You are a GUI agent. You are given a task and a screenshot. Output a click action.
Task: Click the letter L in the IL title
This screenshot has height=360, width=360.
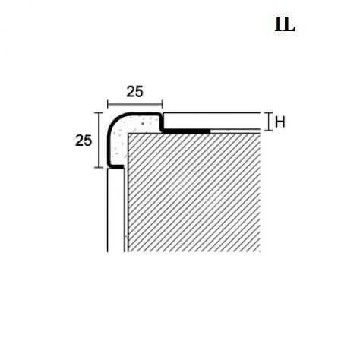289,24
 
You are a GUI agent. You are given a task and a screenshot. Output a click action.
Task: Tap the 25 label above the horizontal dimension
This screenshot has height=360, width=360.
134,92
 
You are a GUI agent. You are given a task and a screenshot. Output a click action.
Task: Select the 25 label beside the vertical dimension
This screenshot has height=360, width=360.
84,141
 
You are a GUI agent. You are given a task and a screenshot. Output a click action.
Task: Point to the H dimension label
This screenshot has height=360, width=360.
280,122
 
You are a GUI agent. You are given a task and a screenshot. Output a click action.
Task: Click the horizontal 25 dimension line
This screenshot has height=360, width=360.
135,104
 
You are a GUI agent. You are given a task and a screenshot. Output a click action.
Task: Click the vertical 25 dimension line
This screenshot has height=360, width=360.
99,140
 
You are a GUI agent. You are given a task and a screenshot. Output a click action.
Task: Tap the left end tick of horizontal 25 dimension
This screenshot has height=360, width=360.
108,104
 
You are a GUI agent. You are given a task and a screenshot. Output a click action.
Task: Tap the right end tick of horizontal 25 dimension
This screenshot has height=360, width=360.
163,104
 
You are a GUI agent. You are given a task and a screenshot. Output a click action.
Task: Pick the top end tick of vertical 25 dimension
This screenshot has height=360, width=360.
99,113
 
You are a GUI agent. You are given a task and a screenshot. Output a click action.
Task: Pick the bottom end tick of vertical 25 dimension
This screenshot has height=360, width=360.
99,167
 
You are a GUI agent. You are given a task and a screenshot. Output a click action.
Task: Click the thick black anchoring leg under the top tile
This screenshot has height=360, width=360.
186,131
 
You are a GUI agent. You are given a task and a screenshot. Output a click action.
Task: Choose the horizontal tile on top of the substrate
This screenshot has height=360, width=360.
212,121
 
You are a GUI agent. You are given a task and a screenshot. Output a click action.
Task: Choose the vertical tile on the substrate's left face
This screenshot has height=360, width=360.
115,210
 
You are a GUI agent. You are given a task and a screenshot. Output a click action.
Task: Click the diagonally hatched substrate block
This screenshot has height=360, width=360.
194,193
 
